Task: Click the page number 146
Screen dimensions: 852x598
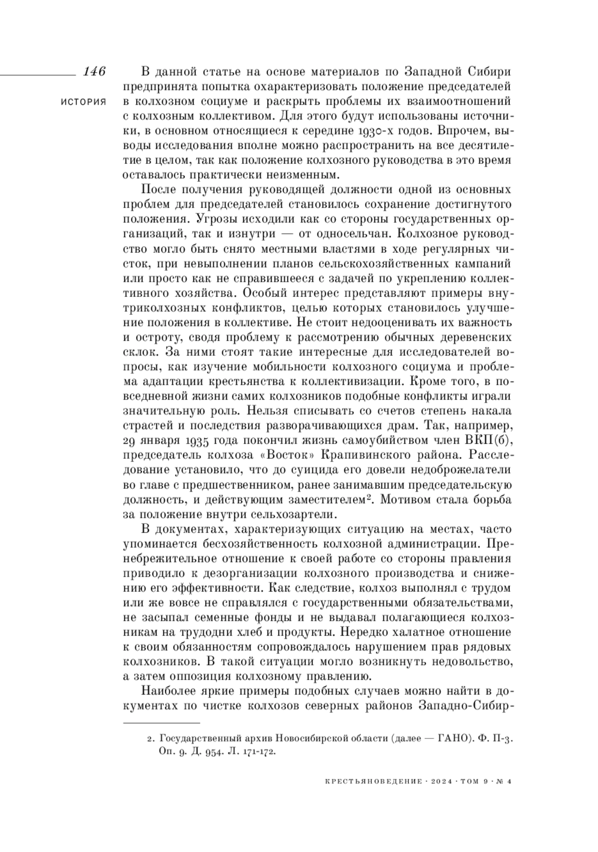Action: click(94, 71)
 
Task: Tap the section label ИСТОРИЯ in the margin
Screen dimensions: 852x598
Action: click(83, 102)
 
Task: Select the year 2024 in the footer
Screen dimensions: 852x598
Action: click(440, 782)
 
